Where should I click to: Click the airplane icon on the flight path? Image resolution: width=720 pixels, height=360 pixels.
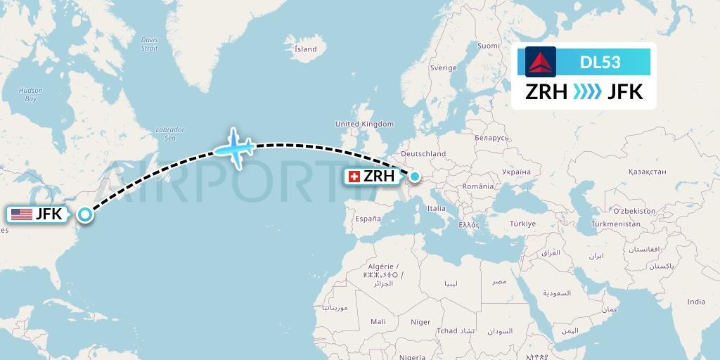pyautogui.click(x=235, y=148)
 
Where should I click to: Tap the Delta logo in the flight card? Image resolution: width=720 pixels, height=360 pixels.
pyautogui.click(x=541, y=62)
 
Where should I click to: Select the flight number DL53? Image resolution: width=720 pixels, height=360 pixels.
pyautogui.click(x=600, y=62)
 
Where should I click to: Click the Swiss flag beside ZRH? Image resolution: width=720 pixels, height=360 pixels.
pyautogui.click(x=354, y=176)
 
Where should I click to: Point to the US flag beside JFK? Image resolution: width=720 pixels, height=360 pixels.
pyautogui.click(x=21, y=214)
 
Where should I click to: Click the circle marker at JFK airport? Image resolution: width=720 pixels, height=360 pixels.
pyautogui.click(x=85, y=214)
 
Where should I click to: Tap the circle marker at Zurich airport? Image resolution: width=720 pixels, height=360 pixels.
pyautogui.click(x=415, y=176)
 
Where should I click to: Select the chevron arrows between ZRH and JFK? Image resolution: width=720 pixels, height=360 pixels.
pyautogui.click(x=586, y=92)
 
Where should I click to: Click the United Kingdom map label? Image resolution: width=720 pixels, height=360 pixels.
pyautogui.click(x=364, y=124)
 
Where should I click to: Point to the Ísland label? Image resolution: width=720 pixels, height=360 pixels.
pyautogui.click(x=305, y=49)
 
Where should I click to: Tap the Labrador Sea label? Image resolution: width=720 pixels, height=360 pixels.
pyautogui.click(x=169, y=134)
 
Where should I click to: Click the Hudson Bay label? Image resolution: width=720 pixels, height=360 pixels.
pyautogui.click(x=31, y=94)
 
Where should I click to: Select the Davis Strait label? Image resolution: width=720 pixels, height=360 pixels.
pyautogui.click(x=149, y=44)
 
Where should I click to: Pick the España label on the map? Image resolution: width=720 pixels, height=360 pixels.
pyautogui.click(x=368, y=219)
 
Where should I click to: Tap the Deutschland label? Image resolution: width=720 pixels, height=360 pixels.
pyautogui.click(x=423, y=153)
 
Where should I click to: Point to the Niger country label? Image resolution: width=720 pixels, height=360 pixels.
pyautogui.click(x=420, y=322)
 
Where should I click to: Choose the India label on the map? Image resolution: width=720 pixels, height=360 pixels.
pyautogui.click(x=696, y=302)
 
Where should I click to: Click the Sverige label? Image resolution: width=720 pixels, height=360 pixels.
pyautogui.click(x=443, y=67)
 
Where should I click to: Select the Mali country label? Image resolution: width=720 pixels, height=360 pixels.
pyautogui.click(x=378, y=321)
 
